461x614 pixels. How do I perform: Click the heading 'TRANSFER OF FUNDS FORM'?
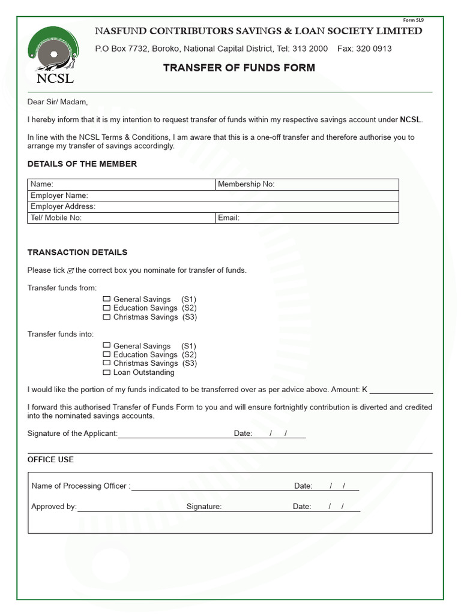click(239, 68)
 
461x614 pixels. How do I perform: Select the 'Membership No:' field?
click(336, 185)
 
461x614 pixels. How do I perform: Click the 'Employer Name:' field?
click(240, 195)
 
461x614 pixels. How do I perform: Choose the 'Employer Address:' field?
click(240, 206)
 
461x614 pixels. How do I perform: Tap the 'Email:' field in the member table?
click(318, 218)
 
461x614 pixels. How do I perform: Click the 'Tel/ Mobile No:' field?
click(150, 218)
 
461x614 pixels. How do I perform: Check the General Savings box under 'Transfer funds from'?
click(107, 299)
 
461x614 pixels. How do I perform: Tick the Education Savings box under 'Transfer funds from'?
click(107, 308)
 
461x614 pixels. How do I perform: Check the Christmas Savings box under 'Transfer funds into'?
click(107, 363)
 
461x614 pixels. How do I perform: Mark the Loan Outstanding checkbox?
click(107, 372)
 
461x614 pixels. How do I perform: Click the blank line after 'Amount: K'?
click(401, 390)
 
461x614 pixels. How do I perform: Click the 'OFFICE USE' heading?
click(51, 459)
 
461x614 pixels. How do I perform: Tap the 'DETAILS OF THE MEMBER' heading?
click(82, 164)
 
